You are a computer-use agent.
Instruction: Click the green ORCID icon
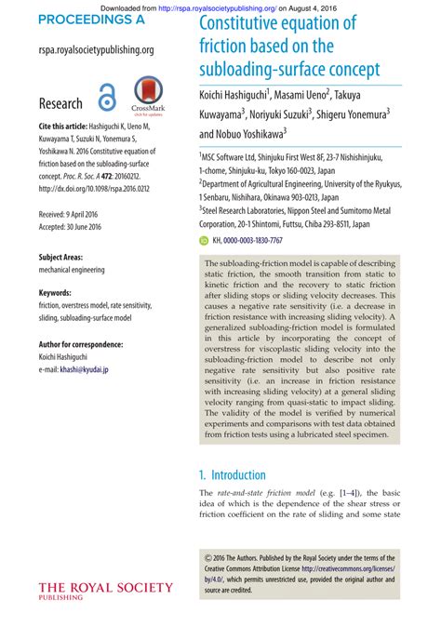[205, 240]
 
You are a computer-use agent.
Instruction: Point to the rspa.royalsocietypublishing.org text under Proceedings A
[97, 50]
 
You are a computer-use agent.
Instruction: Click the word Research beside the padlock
[60, 104]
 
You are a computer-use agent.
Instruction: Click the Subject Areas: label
[65, 256]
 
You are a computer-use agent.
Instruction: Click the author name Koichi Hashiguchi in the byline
[233, 94]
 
